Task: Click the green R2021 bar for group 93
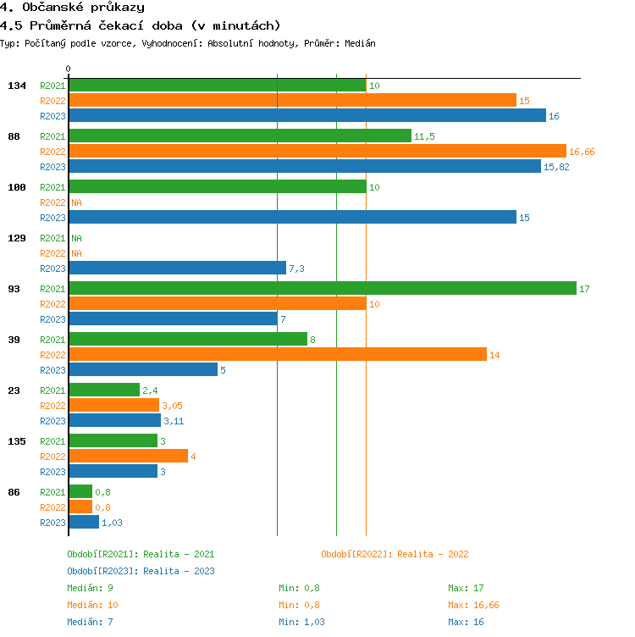tap(322, 289)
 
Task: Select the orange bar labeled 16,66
tap(317, 152)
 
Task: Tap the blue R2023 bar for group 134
tap(306, 116)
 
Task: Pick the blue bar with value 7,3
tap(177, 269)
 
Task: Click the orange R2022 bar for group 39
tap(277, 355)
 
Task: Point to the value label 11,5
tap(424, 136)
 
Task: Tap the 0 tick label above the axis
tap(69, 69)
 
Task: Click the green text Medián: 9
tap(91, 588)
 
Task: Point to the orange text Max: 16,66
tap(473, 605)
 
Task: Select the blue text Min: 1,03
tap(301, 622)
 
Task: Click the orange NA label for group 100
tap(76, 202)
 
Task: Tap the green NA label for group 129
tap(76, 238)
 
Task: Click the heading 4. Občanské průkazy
tap(71, 7)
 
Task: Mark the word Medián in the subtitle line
tap(361, 43)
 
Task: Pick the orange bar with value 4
tap(128, 457)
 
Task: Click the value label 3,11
tap(173, 421)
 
